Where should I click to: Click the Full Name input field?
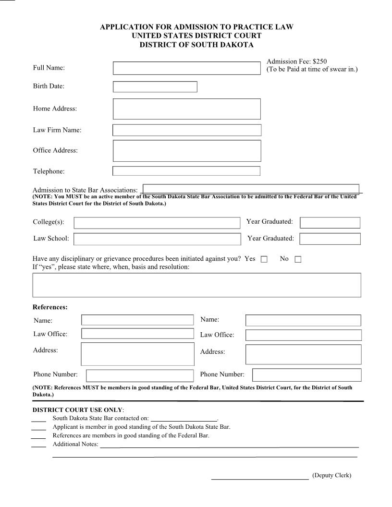point(186,68)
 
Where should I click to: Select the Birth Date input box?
point(155,87)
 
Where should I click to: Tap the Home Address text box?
point(186,109)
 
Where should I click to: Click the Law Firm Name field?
point(187,130)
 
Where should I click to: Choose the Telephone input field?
point(186,171)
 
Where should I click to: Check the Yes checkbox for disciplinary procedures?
point(264,259)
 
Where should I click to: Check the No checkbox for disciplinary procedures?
point(298,259)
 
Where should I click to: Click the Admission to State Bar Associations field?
point(251,189)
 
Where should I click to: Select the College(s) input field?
point(157,223)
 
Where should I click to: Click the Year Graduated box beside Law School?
point(330,239)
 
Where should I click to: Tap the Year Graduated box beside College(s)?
point(330,223)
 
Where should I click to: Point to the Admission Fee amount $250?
point(319,61)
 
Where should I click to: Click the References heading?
point(50,307)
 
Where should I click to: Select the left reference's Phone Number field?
point(139,375)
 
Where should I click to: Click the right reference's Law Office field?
point(303,335)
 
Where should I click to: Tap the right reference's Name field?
point(303,320)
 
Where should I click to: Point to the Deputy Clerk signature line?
point(260,478)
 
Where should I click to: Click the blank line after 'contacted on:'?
point(184,419)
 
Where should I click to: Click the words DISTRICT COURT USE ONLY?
point(77,410)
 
